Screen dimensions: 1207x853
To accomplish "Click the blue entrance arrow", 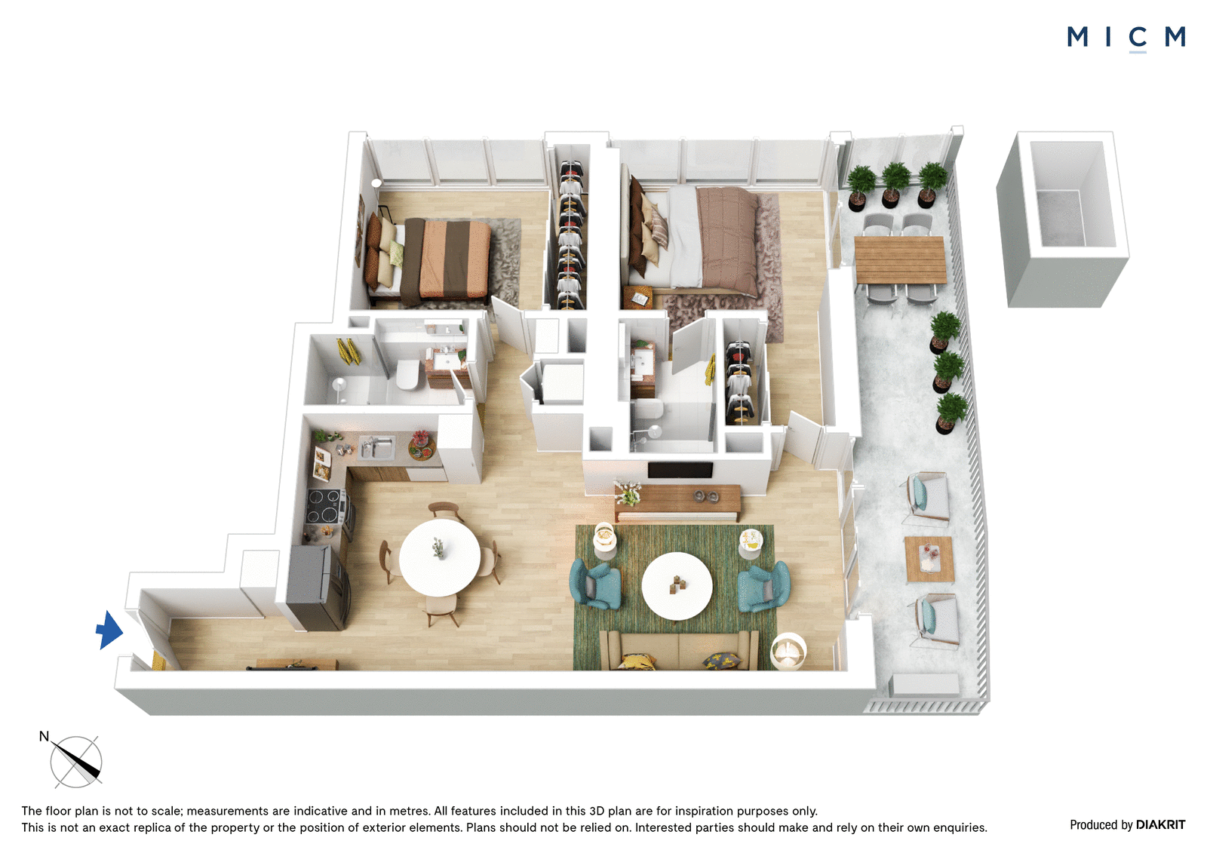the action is (110, 630).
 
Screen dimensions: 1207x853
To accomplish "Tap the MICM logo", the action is (1126, 38).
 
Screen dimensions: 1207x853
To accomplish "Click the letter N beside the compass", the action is (45, 736).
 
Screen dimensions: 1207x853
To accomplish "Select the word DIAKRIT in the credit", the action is (1160, 825).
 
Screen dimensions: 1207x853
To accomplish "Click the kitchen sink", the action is (376, 447).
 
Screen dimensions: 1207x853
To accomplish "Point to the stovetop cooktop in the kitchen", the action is (324, 506).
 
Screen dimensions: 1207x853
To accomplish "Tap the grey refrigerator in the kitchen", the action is (318, 588).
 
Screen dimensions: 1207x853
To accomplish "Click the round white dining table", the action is (439, 557).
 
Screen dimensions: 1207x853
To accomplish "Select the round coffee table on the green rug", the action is (677, 586).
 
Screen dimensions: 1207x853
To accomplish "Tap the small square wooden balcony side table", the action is (929, 560).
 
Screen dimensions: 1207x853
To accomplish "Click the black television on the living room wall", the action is (680, 469).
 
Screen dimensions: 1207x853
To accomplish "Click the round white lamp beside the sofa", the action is (788, 652).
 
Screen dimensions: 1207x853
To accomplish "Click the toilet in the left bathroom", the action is (408, 374).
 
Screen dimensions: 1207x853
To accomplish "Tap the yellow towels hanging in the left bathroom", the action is (348, 351).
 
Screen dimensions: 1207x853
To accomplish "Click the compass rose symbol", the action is (75, 762).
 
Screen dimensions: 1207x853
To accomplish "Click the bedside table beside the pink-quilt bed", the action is (637, 297).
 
